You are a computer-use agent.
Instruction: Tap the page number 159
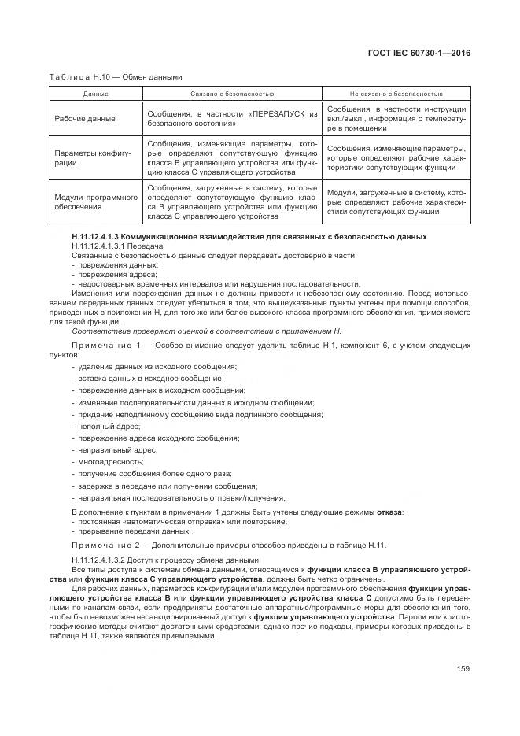point(463,668)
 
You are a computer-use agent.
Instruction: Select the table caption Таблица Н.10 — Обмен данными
point(116,77)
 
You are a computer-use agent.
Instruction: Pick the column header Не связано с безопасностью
point(396,94)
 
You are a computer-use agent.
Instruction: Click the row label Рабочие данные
point(85,118)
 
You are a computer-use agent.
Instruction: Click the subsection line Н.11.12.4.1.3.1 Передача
point(117,246)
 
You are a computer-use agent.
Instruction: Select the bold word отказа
point(389,512)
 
